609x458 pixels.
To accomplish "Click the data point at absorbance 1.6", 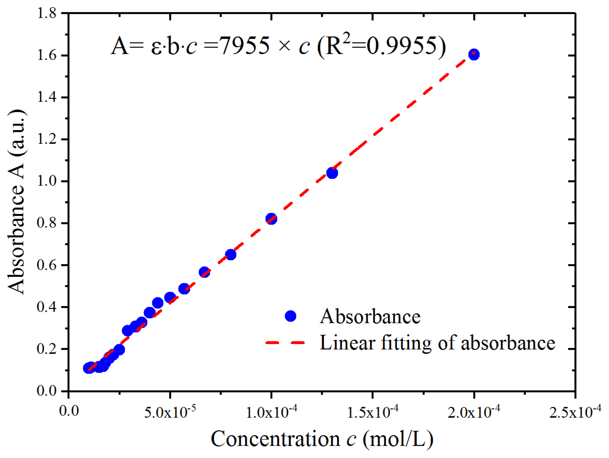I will pyautogui.click(x=474, y=54).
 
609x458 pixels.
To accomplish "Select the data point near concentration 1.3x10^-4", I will pyautogui.click(x=332, y=173).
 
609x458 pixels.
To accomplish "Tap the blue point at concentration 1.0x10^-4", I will pyautogui.click(x=271, y=219).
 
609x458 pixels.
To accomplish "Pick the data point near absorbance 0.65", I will pyautogui.click(x=231, y=254).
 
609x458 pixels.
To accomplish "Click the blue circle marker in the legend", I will pyautogui.click(x=290, y=316).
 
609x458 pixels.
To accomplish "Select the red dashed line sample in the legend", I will pyautogui.click(x=285, y=343).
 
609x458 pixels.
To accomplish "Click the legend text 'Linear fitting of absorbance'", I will pyautogui.click(x=437, y=343).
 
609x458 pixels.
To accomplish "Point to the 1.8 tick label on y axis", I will pyautogui.click(x=46, y=13).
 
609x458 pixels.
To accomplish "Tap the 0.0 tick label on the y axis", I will pyautogui.click(x=46, y=391).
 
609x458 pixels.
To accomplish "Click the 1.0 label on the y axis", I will pyautogui.click(x=46, y=181).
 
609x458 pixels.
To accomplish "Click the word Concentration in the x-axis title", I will pyautogui.click(x=275, y=439).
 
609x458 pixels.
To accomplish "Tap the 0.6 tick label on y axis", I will pyautogui.click(x=46, y=265).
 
